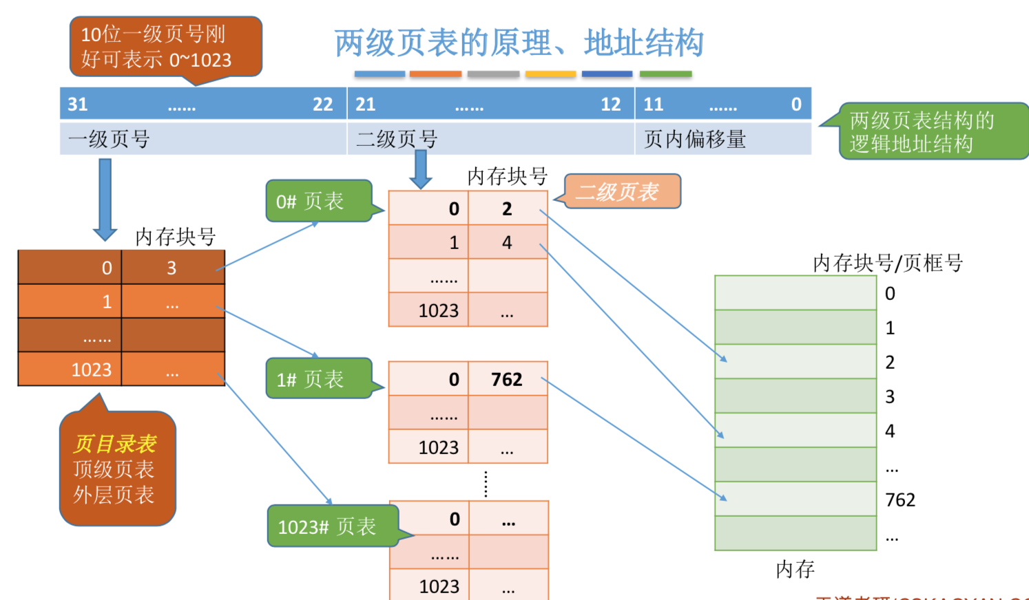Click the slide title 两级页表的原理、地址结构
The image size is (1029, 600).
(x=519, y=43)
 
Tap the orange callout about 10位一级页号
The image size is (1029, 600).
(x=165, y=47)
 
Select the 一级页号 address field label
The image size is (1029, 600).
(x=109, y=139)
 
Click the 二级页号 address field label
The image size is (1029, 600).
(x=397, y=139)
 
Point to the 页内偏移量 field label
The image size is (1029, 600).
(x=694, y=139)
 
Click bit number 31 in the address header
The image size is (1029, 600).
(x=78, y=105)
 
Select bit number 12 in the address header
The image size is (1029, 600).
(x=610, y=105)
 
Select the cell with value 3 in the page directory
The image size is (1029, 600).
(x=172, y=268)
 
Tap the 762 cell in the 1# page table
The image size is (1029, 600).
(x=507, y=379)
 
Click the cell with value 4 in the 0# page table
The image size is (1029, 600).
(x=507, y=242)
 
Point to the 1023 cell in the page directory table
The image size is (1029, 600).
(x=92, y=370)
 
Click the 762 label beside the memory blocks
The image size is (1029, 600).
(x=900, y=500)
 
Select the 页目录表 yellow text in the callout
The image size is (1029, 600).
(x=115, y=444)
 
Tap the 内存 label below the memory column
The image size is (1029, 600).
(x=795, y=569)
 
